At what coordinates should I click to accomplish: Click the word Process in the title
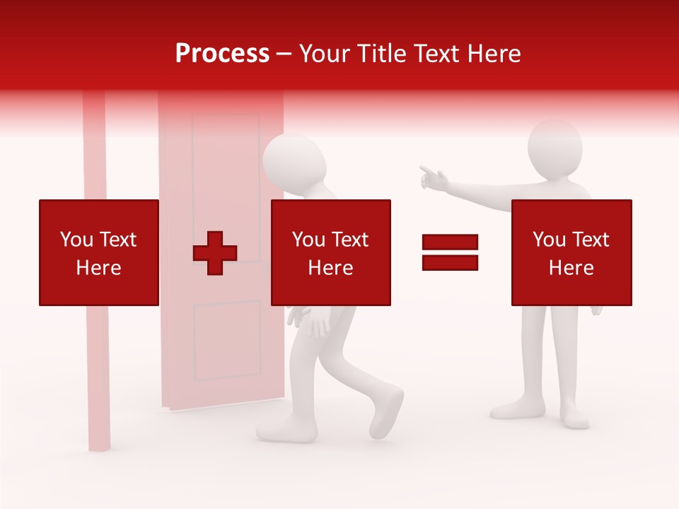(222, 54)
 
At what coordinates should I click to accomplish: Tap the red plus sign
(215, 252)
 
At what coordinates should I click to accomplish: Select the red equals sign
(450, 252)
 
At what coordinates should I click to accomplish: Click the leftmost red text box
(98, 252)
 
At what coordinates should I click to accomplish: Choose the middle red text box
(330, 252)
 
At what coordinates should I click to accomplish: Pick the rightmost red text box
(571, 252)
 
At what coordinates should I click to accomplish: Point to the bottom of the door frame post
(100, 438)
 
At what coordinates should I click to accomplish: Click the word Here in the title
(494, 54)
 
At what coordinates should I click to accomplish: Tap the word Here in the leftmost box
(98, 268)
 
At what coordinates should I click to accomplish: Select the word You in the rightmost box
(549, 240)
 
